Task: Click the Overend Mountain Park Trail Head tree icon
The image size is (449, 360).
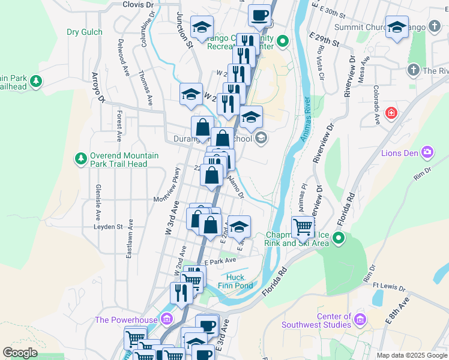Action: [x=80, y=159]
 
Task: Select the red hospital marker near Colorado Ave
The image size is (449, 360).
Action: [x=391, y=113]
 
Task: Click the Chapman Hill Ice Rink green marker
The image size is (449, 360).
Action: [x=339, y=239]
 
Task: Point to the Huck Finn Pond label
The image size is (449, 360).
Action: [x=240, y=281]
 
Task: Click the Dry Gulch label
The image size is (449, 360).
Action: [x=84, y=32]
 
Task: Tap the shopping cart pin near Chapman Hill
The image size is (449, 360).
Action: [x=303, y=227]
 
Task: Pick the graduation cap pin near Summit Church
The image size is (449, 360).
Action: [x=397, y=28]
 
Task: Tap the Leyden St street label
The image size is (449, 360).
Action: [x=108, y=227]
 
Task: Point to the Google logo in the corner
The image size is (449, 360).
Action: [x=20, y=353]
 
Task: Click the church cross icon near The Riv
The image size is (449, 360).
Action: [x=413, y=71]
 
